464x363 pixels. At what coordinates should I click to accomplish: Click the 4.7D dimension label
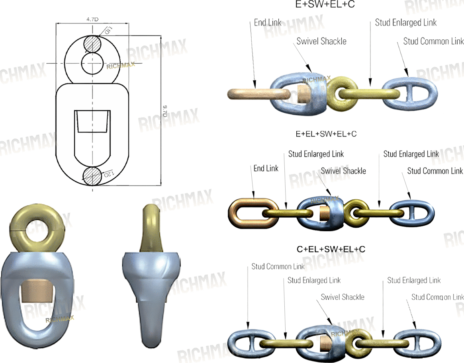(92, 19)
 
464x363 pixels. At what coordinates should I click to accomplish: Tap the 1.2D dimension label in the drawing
(109, 174)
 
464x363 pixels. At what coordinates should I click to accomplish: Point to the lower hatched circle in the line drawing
(92, 176)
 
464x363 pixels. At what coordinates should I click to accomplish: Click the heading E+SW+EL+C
(325, 5)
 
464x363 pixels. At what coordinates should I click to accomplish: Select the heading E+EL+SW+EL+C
(326, 134)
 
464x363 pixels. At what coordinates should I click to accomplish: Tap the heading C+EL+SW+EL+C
(331, 249)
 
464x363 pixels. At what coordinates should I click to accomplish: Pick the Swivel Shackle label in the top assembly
(321, 41)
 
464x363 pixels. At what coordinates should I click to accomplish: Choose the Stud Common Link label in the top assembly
(433, 41)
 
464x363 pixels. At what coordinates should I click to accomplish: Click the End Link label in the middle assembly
(266, 168)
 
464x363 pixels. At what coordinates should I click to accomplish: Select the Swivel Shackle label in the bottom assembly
(342, 297)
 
